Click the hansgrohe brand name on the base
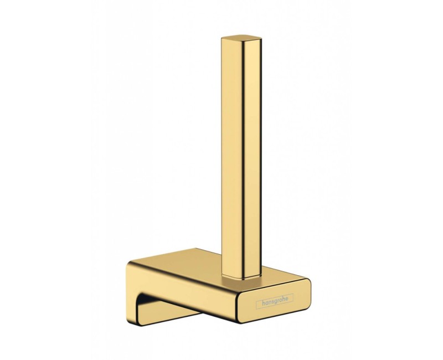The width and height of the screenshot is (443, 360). tap(274, 302)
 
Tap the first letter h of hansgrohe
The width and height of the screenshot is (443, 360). tap(264, 302)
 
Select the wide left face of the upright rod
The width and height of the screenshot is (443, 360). tap(231, 158)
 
